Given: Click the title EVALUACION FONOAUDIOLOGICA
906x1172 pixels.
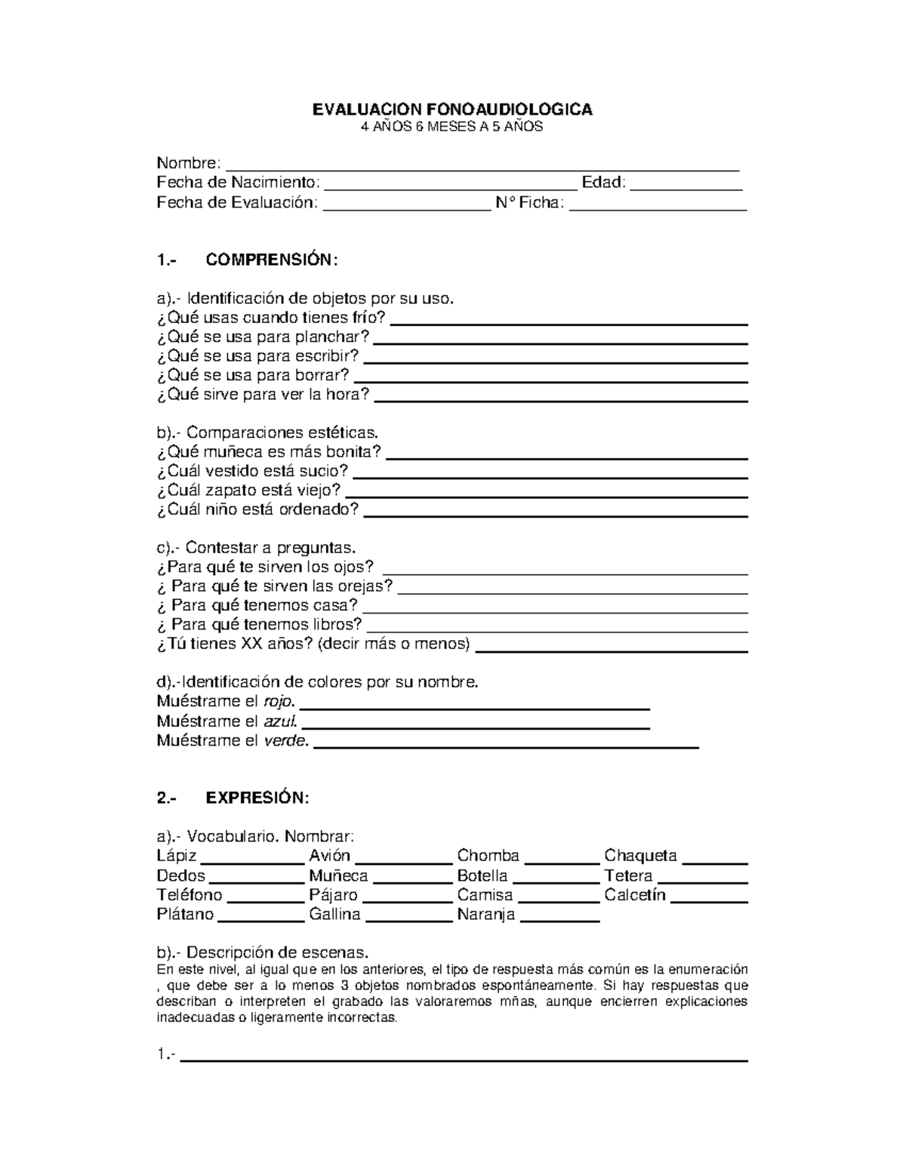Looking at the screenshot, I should coord(452,109).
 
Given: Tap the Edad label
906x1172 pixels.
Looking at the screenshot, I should coord(602,183).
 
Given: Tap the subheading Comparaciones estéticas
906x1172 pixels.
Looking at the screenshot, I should coord(281,433).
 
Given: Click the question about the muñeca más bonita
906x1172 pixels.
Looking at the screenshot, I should coord(269,452).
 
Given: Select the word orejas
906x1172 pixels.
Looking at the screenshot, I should coord(365,586).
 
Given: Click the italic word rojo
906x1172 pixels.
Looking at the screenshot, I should coord(279,701).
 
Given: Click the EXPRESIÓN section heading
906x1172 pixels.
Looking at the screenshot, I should coord(257,798).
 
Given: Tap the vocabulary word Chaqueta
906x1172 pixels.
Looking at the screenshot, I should coord(640,856).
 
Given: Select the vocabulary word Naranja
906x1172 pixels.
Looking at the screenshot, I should coord(485,915).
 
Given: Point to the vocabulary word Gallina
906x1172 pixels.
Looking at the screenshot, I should coord(334,915).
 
